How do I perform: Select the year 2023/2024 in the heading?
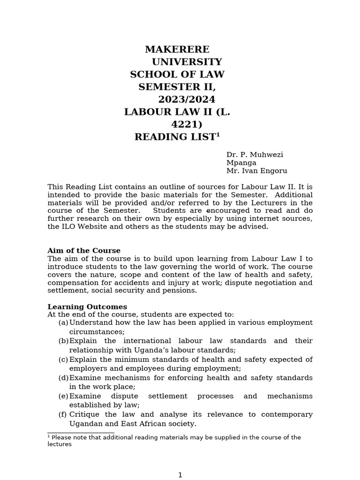tap(187, 99)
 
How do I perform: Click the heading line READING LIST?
tap(177, 137)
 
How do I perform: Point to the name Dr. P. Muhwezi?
tap(255, 155)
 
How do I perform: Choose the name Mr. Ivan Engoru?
tap(256, 171)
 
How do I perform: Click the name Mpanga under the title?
tap(241, 163)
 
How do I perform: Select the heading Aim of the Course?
tap(84, 251)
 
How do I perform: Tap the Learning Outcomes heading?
tap(87, 307)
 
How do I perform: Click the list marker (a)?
tap(63, 322)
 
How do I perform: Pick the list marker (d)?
tap(63, 378)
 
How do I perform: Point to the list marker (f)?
tap(62, 414)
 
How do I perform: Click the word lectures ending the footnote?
tap(60, 444)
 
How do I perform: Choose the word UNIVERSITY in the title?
tap(187, 62)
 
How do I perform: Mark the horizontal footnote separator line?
tap(81, 433)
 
